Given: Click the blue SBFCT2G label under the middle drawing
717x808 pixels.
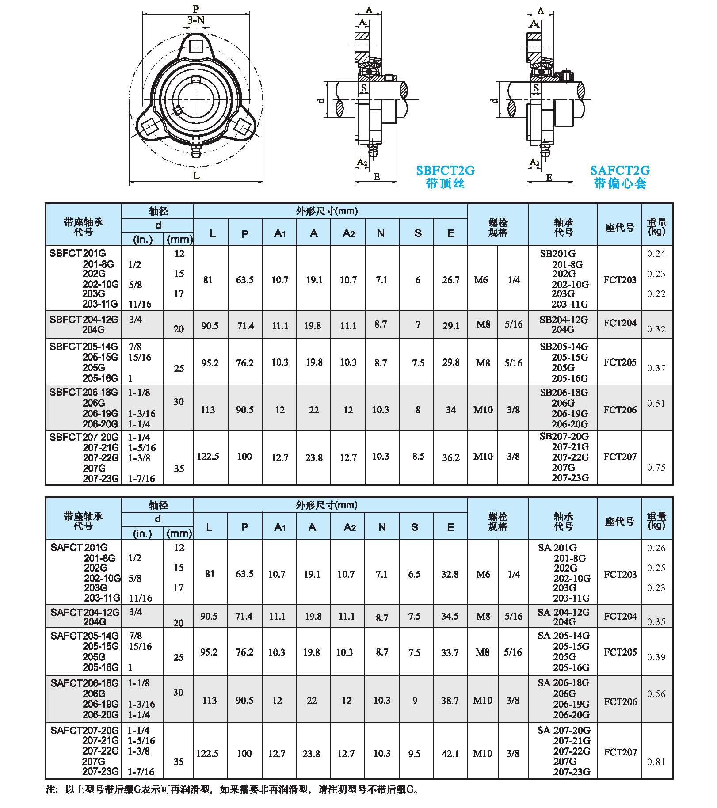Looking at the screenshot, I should tap(445, 171).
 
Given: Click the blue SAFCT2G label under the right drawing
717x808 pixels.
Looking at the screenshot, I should tap(620, 171).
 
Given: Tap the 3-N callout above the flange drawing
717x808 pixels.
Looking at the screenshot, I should tap(196, 20).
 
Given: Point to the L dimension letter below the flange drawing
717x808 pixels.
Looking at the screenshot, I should tap(196, 176).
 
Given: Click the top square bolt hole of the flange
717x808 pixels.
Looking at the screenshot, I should tap(196, 46).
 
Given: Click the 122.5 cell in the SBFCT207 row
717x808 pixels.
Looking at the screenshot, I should tap(208, 456).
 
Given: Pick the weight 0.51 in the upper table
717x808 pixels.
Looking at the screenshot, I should tap(656, 403).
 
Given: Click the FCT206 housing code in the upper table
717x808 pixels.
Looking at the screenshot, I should tap(620, 410).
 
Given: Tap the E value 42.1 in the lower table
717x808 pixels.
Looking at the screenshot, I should tap(450, 754).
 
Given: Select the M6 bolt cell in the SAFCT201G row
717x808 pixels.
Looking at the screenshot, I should tap(483, 574).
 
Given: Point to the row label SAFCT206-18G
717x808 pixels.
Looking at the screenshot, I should tap(84, 683).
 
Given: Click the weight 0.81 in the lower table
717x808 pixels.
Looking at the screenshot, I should tap(656, 762).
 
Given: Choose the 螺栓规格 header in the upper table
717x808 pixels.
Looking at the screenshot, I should tap(498, 228).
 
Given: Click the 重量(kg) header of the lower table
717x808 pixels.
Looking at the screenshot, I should tap(656, 521).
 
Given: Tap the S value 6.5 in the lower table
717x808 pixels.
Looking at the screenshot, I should tap(414, 574).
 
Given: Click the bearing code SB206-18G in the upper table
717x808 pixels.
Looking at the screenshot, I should tap(564, 393).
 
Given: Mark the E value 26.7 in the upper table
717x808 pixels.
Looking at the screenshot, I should tap(450, 280).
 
